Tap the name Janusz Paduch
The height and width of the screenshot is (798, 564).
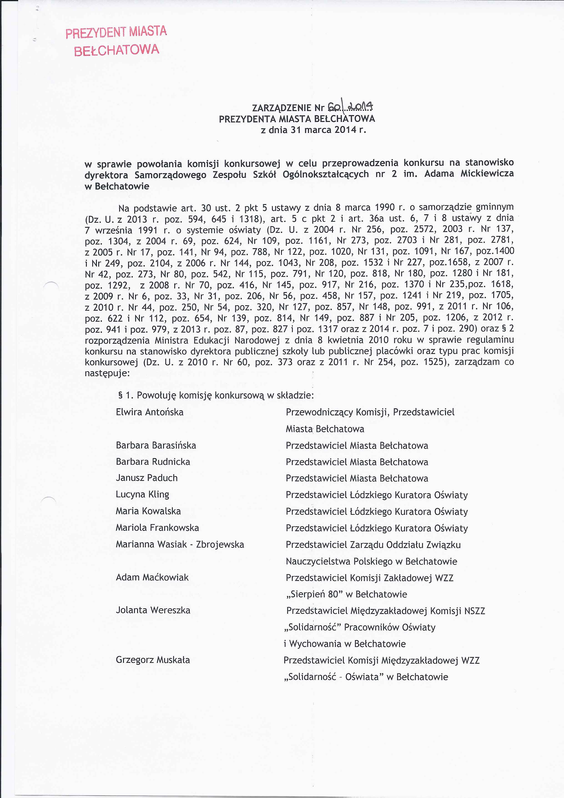(x=147, y=478)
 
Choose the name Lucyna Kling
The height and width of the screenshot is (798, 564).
(x=142, y=494)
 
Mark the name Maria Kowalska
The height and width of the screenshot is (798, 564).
(x=148, y=511)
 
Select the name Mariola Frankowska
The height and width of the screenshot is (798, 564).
(x=157, y=528)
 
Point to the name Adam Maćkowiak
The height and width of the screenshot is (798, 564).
(x=152, y=577)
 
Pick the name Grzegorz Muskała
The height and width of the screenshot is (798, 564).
(x=153, y=660)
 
